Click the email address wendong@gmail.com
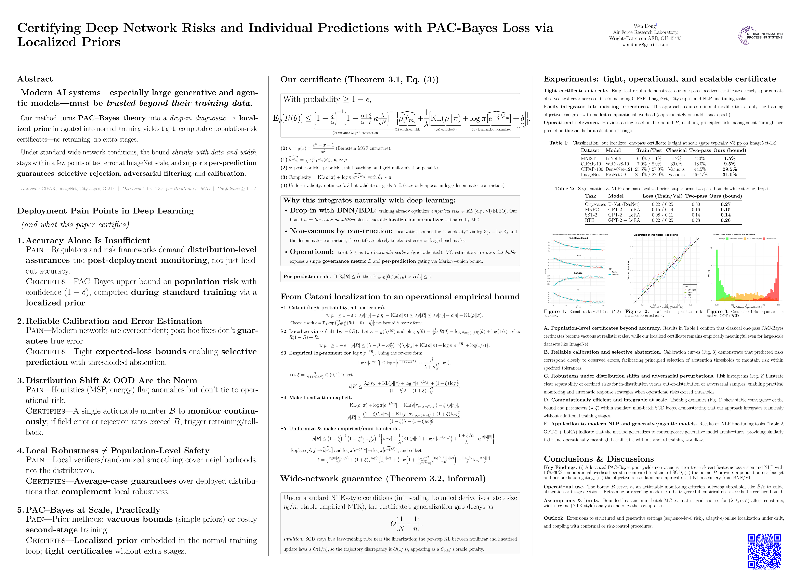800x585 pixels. (x=645, y=45)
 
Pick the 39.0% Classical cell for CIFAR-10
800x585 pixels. (x=676, y=164)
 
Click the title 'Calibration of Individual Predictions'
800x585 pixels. (x=655, y=235)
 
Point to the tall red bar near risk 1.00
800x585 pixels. (x=778, y=273)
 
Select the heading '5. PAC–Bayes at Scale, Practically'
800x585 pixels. (x=89, y=510)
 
